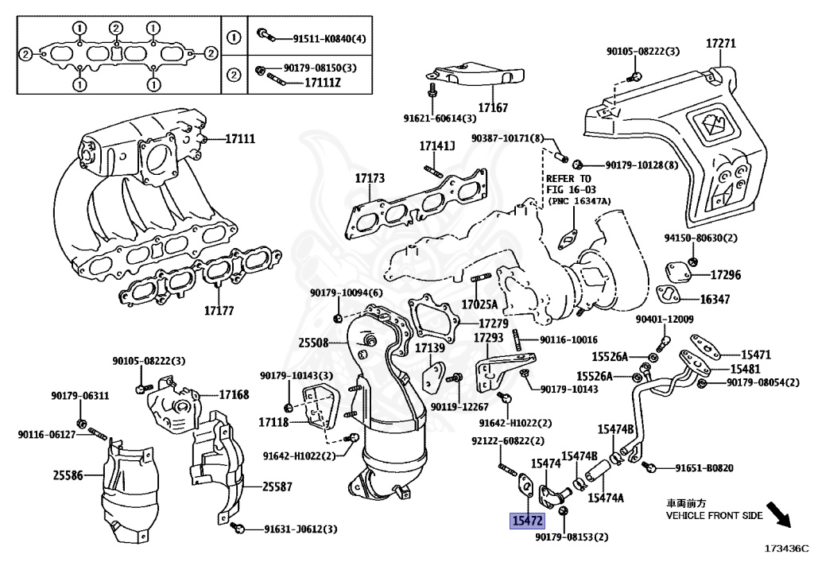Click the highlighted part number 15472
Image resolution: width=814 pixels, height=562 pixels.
point(527,521)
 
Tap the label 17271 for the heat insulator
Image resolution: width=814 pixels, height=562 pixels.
point(720,43)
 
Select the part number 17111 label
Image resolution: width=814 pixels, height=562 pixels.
point(240,138)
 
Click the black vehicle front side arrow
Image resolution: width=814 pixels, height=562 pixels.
point(778,514)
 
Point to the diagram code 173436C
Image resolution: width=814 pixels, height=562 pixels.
point(786,548)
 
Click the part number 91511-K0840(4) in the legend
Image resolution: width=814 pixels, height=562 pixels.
point(329,38)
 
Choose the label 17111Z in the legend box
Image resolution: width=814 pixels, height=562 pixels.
point(323,83)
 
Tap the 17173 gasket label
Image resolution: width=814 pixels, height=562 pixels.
point(370,178)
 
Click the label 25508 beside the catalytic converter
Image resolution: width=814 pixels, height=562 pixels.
point(313,343)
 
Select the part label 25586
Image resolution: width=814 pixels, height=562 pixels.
point(68,475)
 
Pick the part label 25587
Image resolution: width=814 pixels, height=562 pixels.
point(277,486)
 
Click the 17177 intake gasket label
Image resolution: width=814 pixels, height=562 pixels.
point(219,310)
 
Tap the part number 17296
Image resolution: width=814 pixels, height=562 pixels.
point(725,274)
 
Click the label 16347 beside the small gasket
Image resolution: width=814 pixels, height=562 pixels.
point(715,299)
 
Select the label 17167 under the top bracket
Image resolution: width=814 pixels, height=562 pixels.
point(493,108)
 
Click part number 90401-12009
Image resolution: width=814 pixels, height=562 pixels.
point(664,319)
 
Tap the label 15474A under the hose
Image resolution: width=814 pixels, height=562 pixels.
point(605,498)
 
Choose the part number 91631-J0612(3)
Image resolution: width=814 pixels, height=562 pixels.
point(300,529)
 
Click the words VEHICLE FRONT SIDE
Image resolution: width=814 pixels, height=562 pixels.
point(715,515)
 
